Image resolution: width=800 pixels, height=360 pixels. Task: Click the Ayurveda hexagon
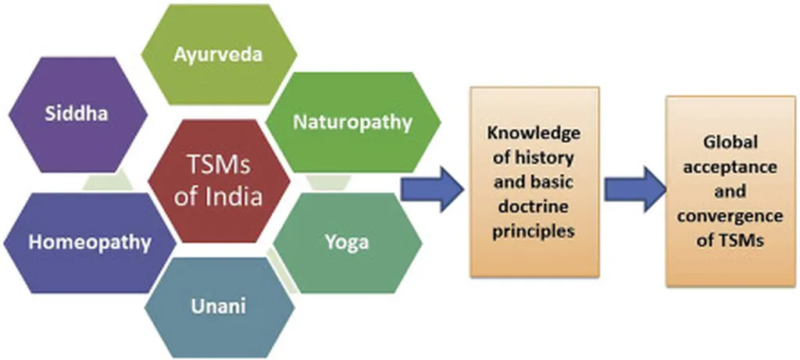[x=219, y=55]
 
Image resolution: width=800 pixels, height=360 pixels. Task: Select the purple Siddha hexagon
[x=76, y=114]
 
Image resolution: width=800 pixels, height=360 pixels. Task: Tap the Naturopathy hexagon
[x=352, y=121]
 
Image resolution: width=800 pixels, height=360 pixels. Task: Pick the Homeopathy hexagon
[x=89, y=242]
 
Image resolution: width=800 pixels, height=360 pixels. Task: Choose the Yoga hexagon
[x=347, y=241]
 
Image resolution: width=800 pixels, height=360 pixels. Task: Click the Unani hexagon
[x=219, y=305]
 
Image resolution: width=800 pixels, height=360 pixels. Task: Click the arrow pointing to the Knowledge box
[x=432, y=187]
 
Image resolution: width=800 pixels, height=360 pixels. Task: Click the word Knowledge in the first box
[x=535, y=133]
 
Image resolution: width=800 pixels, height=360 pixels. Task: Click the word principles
[x=535, y=232]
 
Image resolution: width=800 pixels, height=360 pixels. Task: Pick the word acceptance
[x=732, y=168]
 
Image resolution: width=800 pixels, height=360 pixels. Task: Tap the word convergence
[x=732, y=216]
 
